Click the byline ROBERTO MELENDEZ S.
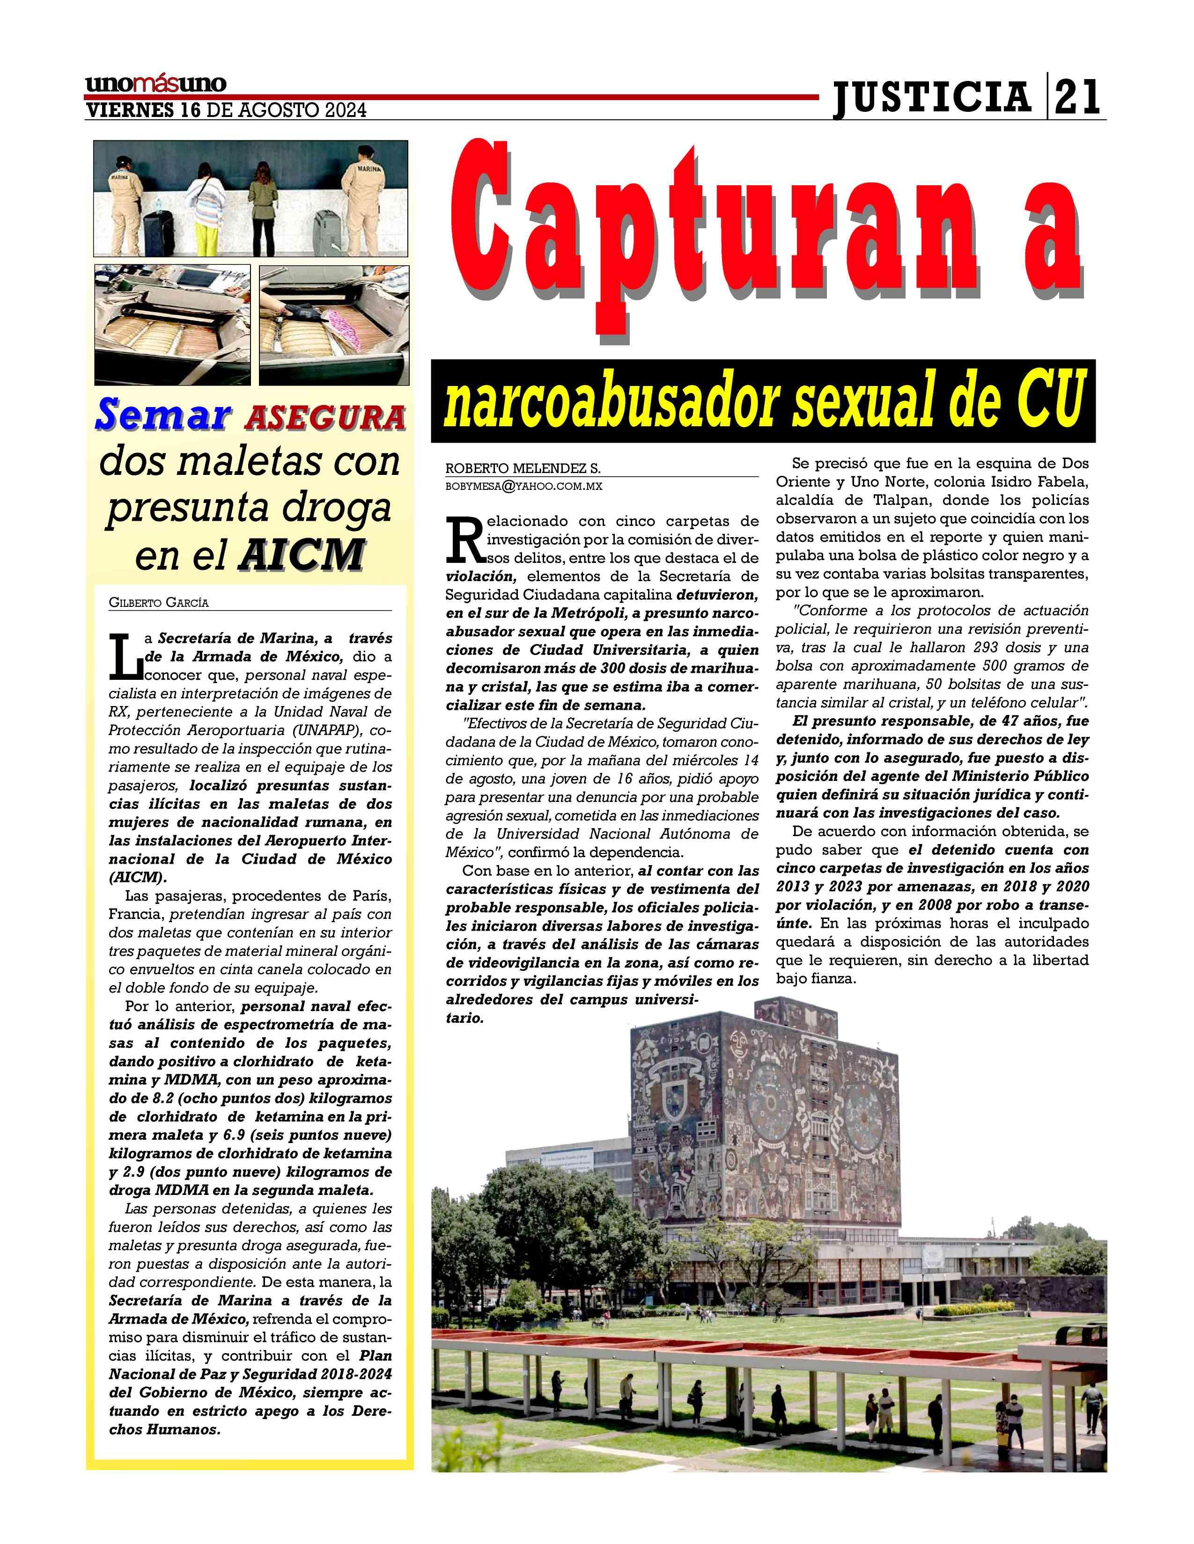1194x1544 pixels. tap(523, 469)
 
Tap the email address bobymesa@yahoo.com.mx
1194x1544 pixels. tap(523, 487)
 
